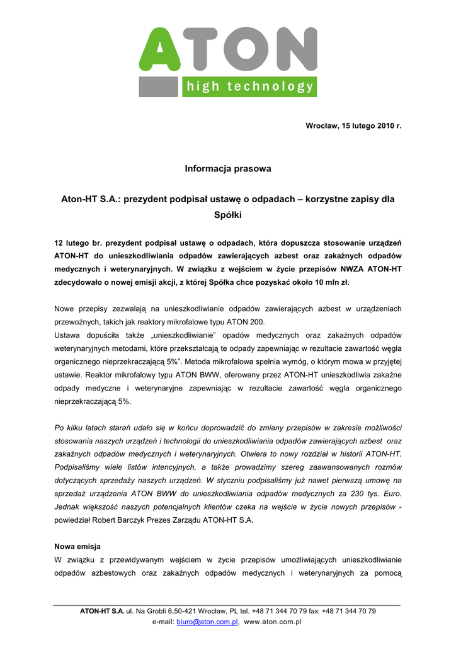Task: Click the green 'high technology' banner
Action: tap(249, 87)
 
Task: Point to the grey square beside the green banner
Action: tap(159, 87)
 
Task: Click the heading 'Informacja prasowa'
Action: tap(228, 169)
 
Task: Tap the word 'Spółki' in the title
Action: tap(228, 214)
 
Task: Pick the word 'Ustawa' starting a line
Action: tap(67, 335)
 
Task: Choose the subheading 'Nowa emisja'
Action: tap(77, 546)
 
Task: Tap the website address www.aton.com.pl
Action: tap(273, 622)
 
